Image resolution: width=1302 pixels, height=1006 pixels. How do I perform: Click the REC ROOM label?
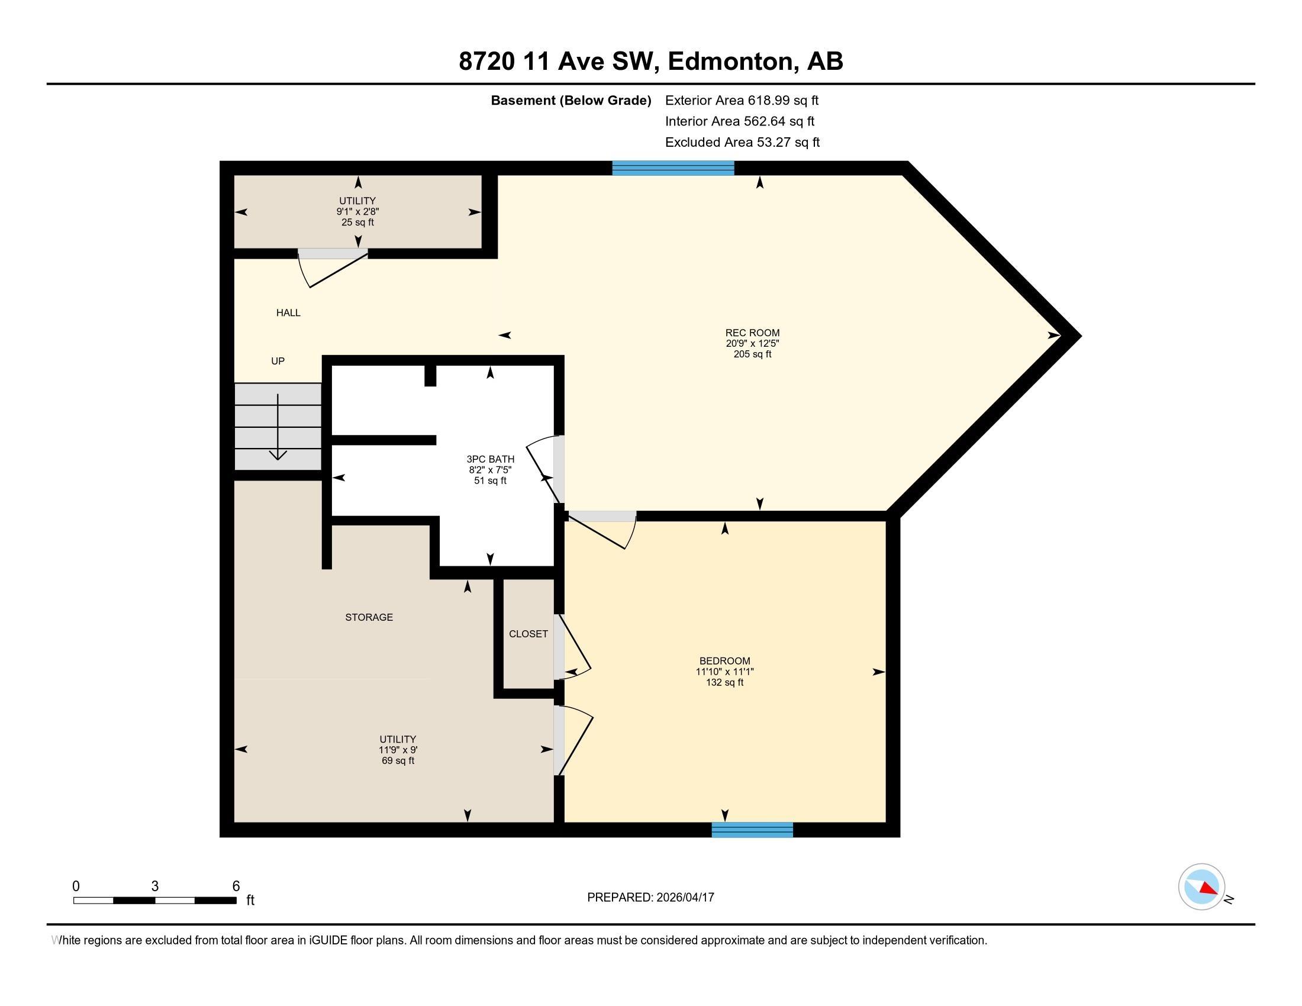[752, 333]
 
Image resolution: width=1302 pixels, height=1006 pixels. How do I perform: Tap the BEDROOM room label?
[725, 661]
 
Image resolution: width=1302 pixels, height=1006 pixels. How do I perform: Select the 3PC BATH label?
[490, 459]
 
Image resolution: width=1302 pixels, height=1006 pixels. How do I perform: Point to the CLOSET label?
[528, 634]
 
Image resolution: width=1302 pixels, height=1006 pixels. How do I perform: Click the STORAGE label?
[369, 617]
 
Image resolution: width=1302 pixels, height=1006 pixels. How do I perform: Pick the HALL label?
[288, 313]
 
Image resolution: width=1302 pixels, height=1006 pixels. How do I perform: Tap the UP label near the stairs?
[278, 361]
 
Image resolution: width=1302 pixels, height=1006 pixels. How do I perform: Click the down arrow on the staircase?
[278, 427]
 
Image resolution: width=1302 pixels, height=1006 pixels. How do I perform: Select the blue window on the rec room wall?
[673, 168]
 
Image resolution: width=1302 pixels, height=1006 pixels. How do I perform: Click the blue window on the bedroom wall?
[752, 830]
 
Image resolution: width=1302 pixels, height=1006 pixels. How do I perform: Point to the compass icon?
[1202, 887]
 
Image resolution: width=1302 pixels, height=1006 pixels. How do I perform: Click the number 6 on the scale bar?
[236, 886]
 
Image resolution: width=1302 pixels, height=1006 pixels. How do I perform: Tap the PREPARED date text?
[650, 897]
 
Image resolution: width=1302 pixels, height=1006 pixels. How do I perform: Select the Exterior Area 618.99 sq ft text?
[742, 100]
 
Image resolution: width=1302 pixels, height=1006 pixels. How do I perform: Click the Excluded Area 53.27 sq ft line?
[742, 142]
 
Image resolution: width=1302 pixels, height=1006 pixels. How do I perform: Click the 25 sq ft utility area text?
[357, 223]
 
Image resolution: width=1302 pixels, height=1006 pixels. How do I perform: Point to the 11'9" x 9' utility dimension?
[398, 750]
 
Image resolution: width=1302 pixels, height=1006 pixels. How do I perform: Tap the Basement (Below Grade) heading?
[571, 101]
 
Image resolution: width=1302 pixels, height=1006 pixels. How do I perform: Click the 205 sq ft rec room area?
[752, 354]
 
